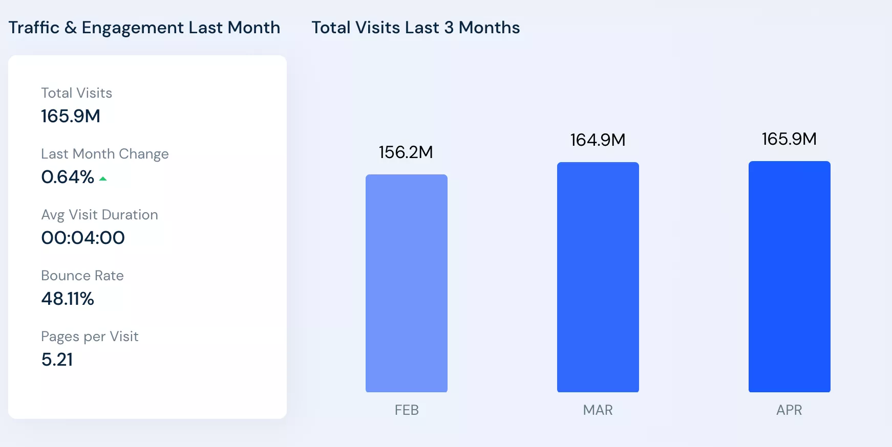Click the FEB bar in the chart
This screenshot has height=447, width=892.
click(x=406, y=283)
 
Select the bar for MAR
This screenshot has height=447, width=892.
click(x=598, y=277)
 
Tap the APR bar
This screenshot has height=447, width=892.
click(x=789, y=277)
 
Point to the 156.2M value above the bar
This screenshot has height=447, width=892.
click(x=406, y=152)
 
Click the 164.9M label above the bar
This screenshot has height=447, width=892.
click(x=598, y=140)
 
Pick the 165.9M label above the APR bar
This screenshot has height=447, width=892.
click(x=789, y=139)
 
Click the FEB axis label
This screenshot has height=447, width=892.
click(x=407, y=410)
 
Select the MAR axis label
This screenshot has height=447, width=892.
click(x=598, y=410)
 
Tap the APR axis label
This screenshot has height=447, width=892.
click(x=789, y=410)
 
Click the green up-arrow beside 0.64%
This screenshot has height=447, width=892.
click(x=103, y=178)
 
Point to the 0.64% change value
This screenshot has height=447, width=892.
click(x=68, y=177)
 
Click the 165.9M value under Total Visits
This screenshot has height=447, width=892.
click(x=71, y=116)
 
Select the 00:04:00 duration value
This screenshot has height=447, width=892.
click(x=83, y=238)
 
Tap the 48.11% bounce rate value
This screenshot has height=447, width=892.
click(x=68, y=299)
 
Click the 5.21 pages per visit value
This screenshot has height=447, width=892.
click(x=57, y=360)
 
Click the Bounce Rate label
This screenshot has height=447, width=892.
click(x=82, y=276)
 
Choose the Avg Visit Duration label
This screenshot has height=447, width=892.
click(x=99, y=215)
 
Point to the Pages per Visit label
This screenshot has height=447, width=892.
click(x=90, y=337)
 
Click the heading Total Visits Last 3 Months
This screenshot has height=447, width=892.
click(x=415, y=28)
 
